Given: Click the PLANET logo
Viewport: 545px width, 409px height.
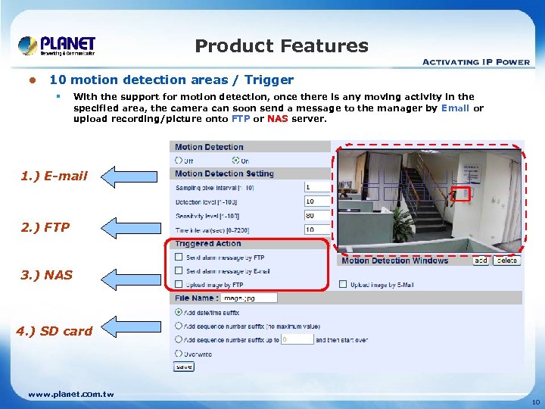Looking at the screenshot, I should [x=57, y=45].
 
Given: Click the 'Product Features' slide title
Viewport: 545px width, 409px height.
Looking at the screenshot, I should [x=282, y=46].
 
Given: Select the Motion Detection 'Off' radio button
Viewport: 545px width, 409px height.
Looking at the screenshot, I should [x=179, y=160].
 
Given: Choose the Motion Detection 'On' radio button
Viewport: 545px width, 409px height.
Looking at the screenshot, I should [x=235, y=160].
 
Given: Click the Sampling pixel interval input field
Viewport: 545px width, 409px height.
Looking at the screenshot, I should [x=317, y=187].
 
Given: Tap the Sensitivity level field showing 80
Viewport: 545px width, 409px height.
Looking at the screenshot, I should [x=317, y=215].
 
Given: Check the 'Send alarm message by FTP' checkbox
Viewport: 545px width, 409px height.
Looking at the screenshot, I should [x=179, y=258].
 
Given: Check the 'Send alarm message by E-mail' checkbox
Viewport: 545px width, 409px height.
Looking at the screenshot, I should [x=179, y=271].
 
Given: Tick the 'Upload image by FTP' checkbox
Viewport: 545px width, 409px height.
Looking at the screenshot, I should [x=179, y=285].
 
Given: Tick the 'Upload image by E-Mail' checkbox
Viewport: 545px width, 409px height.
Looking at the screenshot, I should [x=344, y=285].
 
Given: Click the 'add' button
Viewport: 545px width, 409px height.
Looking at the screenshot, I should [x=481, y=261].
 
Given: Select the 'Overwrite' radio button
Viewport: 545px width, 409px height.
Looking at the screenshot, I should [x=179, y=353].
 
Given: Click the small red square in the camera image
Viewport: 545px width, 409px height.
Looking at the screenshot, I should [x=462, y=193].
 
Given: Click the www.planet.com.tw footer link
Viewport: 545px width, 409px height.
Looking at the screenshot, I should [x=70, y=394].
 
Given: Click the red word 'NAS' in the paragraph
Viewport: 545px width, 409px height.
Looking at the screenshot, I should [x=278, y=119].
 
